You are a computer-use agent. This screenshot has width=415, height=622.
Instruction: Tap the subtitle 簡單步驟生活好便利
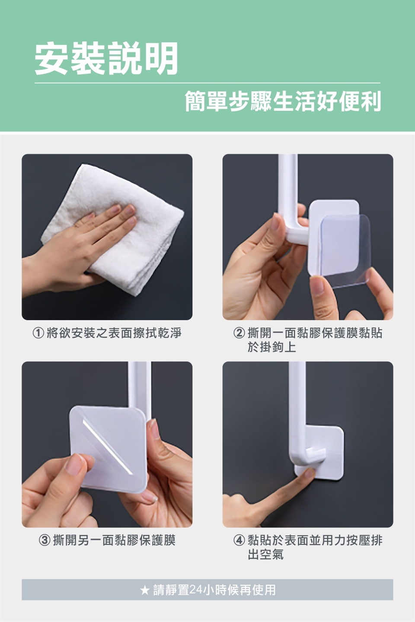[x=283, y=102]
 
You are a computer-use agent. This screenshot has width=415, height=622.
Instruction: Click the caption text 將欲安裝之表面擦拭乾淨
[x=114, y=333]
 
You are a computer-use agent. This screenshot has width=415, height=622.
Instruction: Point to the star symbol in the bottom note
[x=144, y=590]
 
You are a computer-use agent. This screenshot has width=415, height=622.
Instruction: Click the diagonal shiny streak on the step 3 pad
[x=107, y=447]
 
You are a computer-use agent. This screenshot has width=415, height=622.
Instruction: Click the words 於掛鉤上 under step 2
[x=271, y=347]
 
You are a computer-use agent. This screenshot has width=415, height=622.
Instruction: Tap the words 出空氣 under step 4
[x=265, y=555]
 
